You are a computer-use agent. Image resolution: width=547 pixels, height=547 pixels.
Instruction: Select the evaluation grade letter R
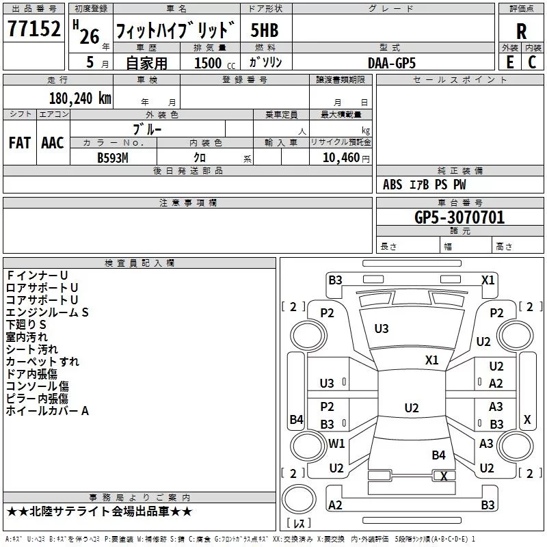point(522,31)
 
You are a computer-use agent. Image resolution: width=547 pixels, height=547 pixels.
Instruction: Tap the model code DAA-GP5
point(392,62)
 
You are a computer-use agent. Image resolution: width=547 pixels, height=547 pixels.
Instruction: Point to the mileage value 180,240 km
point(80,98)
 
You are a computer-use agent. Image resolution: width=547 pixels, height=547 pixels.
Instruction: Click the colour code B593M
point(114,157)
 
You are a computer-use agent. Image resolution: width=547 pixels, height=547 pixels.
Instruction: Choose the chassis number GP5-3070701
point(459,217)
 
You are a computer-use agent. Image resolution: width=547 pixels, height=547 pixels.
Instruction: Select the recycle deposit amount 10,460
point(340,157)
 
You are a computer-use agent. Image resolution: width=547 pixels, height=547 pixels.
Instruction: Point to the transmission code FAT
point(19,143)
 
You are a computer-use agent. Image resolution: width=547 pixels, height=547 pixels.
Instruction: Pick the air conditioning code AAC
point(53,143)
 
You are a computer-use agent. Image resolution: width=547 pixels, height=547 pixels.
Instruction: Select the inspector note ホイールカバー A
point(48,411)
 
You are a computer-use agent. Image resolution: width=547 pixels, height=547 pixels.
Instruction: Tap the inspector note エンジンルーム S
point(48,312)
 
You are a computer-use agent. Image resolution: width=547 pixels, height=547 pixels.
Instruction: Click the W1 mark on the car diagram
point(336,444)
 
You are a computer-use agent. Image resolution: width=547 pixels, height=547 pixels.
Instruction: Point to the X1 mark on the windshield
point(432,360)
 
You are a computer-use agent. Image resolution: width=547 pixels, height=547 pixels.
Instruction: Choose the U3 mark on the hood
point(382,329)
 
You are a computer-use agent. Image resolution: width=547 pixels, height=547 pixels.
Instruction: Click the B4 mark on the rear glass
point(438,455)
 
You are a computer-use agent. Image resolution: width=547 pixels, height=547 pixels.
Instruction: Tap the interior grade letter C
point(532,62)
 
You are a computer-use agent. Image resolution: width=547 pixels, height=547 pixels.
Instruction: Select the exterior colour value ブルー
point(147,128)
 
